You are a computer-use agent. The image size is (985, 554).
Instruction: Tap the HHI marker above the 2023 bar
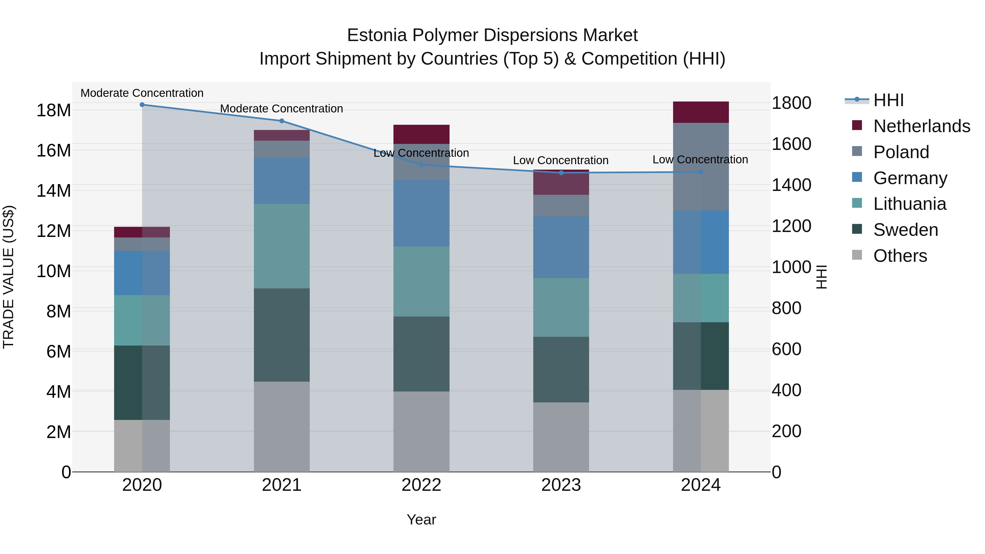click(x=561, y=173)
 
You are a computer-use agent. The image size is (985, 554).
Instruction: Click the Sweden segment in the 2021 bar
click(x=282, y=335)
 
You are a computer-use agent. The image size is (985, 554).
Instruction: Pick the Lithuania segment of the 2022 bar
click(x=421, y=282)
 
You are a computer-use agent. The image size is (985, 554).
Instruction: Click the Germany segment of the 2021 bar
click(x=282, y=181)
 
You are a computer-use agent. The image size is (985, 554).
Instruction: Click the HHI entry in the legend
click(x=888, y=100)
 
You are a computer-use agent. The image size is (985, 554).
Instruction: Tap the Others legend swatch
click(x=857, y=255)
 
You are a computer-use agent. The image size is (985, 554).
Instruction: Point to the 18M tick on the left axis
click(x=54, y=111)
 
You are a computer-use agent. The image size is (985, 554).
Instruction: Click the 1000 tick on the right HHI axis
click(x=791, y=267)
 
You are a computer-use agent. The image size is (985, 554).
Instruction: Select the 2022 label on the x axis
click(x=421, y=485)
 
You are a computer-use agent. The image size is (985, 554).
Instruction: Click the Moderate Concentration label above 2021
click(x=282, y=109)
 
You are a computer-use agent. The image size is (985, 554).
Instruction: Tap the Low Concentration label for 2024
click(x=700, y=159)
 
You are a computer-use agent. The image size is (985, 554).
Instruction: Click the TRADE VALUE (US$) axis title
click(x=8, y=277)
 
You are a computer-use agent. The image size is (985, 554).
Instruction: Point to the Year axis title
click(x=421, y=520)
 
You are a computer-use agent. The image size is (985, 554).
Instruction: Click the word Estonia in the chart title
click(x=377, y=36)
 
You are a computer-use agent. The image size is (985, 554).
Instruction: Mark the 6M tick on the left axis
click(x=59, y=351)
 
